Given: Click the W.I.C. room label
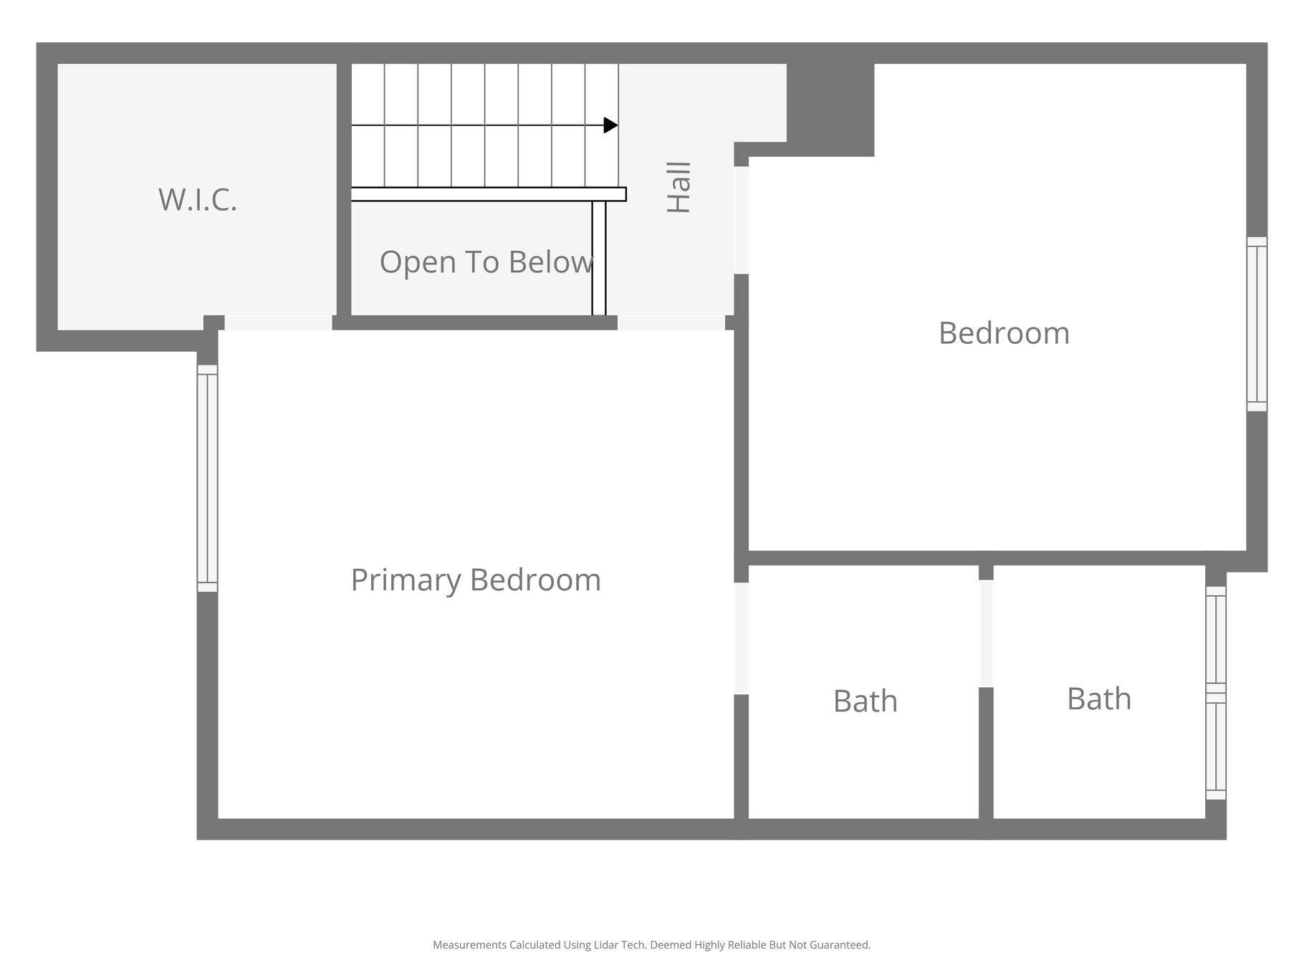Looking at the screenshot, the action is click(198, 199).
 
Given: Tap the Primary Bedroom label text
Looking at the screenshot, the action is click(476, 580).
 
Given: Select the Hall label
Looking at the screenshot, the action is click(679, 187).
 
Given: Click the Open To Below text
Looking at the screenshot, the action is click(486, 262).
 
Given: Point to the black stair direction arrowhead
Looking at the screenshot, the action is click(610, 125).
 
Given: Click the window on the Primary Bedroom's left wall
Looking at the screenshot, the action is click(207, 479).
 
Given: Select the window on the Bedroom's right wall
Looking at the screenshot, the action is click(1257, 324).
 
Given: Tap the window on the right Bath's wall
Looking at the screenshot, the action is click(1216, 693).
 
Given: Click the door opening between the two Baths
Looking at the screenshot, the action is click(986, 633).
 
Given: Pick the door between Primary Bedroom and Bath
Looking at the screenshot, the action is click(742, 638).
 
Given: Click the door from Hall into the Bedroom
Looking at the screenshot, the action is click(742, 220).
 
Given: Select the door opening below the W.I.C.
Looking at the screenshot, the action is click(279, 322).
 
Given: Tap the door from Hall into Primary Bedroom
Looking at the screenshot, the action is click(671, 322).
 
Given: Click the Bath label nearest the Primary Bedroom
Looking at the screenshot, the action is click(866, 701).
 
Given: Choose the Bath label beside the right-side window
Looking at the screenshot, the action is click(1099, 699).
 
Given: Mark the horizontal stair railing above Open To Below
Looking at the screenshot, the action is click(489, 194).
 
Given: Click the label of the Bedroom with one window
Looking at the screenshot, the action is click(1004, 333).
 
